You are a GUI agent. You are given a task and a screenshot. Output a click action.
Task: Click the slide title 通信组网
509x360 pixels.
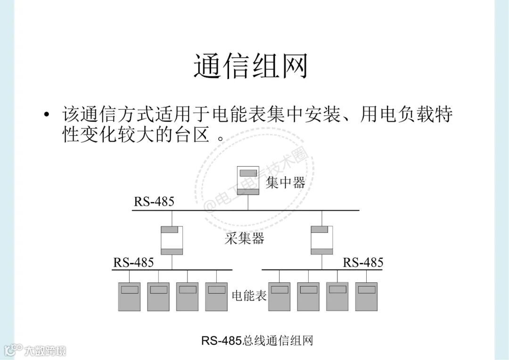(x=250, y=66)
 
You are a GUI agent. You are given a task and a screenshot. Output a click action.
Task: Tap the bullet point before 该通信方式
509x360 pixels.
(x=46, y=115)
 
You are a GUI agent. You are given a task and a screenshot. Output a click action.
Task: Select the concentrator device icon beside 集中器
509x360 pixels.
(x=248, y=181)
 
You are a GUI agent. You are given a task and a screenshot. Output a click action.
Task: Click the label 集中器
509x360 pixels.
(x=286, y=182)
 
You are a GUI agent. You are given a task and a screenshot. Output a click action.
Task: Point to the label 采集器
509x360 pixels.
(x=245, y=239)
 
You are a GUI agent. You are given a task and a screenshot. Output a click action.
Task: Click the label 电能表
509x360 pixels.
(x=249, y=295)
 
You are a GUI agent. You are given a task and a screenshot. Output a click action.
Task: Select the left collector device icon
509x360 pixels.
(x=172, y=240)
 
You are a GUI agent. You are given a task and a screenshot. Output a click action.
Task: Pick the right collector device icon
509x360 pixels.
(x=322, y=240)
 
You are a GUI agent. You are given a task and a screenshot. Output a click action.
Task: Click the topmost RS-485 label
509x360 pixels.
(x=154, y=202)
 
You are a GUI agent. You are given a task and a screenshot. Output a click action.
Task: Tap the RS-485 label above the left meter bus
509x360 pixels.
(x=133, y=262)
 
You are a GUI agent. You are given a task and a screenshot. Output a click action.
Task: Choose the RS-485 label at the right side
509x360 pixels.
(x=363, y=262)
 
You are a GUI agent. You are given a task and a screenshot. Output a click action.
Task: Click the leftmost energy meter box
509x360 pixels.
(x=129, y=296)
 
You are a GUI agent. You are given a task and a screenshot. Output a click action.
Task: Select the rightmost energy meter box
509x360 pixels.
(x=367, y=296)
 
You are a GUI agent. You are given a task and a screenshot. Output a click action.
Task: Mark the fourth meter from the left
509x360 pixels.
(x=217, y=296)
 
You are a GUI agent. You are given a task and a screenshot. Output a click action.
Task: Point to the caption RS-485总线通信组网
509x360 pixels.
(x=257, y=340)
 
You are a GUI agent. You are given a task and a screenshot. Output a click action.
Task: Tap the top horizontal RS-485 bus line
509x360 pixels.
(x=245, y=210)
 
